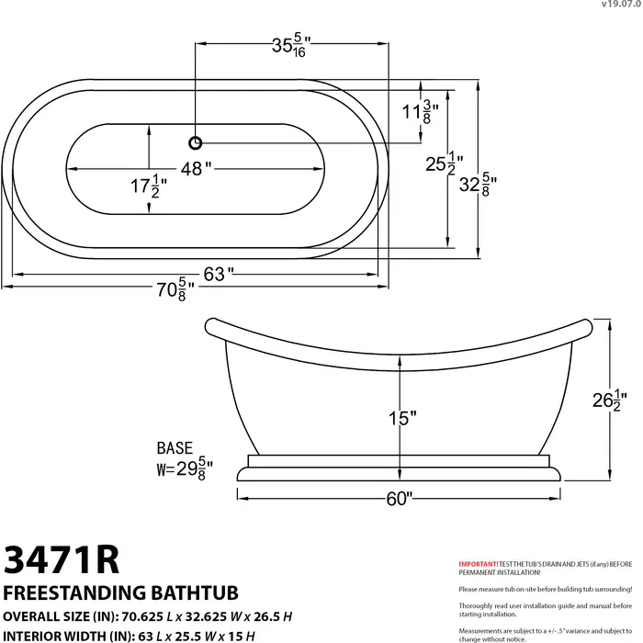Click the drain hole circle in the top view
pos(195,142)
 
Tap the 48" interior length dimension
pos(196,168)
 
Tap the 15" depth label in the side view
pos(401,418)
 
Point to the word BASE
pos(175,448)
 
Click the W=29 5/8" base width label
pos(185,468)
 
